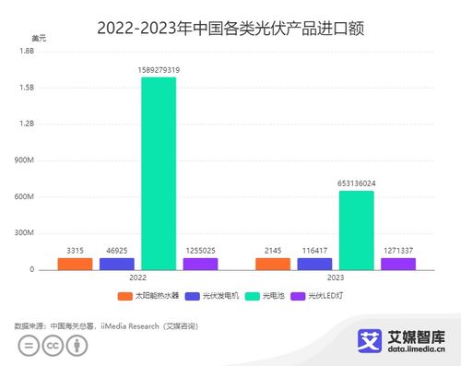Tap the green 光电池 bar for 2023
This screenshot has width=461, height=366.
tap(357, 230)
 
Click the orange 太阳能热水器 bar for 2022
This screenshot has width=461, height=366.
tap(75, 264)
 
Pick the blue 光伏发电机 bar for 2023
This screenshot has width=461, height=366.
tap(314, 264)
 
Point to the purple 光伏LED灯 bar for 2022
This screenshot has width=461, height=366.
tap(200, 264)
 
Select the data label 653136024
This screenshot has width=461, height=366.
tap(357, 183)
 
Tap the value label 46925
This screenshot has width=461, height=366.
tap(117, 250)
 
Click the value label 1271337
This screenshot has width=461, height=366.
tap(398, 250)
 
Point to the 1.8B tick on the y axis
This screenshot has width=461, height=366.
tap(27, 52)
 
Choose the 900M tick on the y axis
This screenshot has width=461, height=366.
tap(25, 160)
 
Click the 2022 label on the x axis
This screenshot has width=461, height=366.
tap(137, 277)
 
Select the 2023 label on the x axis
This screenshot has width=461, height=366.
tap(336, 277)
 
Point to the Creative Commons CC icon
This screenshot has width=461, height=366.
tap(53, 347)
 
